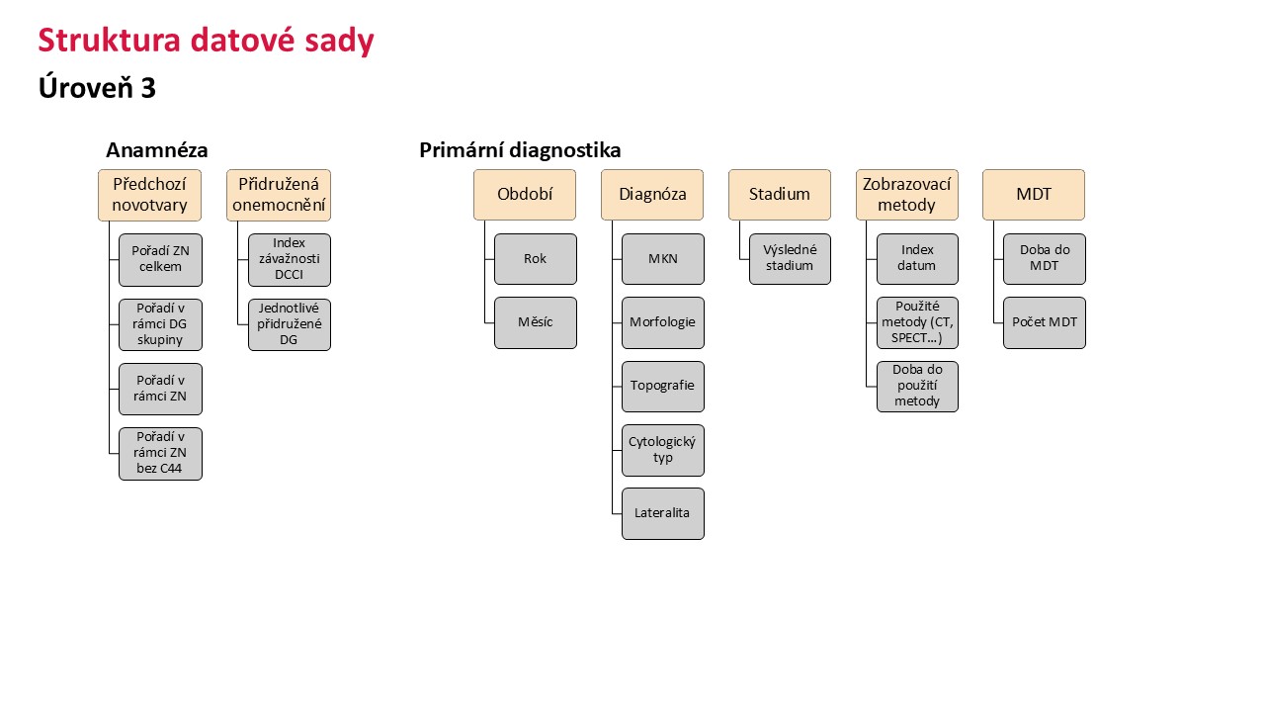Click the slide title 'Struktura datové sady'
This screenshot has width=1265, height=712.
click(207, 41)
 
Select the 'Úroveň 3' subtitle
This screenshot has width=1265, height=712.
click(97, 88)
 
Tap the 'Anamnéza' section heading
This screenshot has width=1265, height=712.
click(157, 150)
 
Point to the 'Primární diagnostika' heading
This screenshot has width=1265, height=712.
click(520, 150)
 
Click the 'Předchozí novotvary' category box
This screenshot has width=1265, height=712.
click(149, 195)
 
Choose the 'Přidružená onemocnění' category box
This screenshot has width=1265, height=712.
click(279, 195)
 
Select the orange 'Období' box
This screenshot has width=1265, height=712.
click(525, 195)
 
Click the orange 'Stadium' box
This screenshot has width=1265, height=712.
click(780, 195)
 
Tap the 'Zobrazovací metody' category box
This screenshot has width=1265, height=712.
click(907, 195)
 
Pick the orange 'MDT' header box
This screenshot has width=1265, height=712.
click(1034, 195)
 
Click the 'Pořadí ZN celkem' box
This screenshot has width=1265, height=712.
click(160, 260)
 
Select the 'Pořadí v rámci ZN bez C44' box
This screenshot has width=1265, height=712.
click(160, 454)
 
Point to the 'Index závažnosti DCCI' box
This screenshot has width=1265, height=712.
click(290, 260)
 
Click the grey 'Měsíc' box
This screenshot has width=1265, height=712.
click(536, 322)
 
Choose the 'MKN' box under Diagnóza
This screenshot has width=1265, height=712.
click(663, 259)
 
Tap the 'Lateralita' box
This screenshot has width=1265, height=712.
click(663, 513)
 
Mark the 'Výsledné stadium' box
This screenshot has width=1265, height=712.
click(790, 259)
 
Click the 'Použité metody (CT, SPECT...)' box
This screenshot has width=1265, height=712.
click(918, 322)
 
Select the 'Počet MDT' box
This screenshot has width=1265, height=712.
click(1045, 322)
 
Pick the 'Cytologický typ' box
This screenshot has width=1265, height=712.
click(663, 450)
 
